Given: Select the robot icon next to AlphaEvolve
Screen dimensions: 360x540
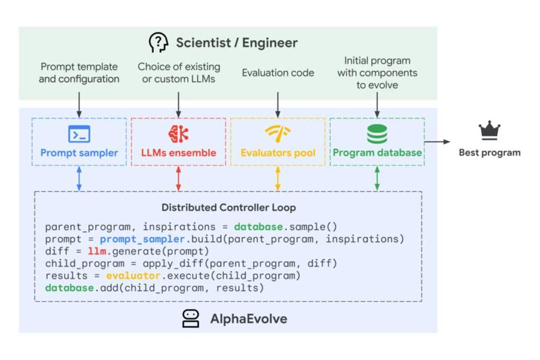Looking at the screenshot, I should pos(190,318).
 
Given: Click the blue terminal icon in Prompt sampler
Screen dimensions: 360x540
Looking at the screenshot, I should pos(79,134).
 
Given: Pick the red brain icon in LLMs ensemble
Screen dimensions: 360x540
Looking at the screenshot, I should pos(178,134).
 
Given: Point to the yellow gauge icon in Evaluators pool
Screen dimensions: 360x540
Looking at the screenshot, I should pos(277,134).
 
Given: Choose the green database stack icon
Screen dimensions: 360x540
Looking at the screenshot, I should pos(377,134).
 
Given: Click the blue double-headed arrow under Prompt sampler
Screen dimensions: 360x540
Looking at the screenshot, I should pos(79,179).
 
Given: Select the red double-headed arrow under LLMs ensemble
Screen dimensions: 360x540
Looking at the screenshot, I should pos(178,179).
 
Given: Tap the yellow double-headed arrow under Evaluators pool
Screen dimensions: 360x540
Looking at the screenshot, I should pos(277,179).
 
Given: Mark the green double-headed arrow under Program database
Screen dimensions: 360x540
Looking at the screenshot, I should pos(377,179).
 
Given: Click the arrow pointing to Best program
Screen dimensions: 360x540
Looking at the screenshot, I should pos(438,141).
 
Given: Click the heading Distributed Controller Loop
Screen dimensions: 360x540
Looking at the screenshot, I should pos(228,207).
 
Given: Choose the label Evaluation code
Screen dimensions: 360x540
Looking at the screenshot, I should pos(278,73).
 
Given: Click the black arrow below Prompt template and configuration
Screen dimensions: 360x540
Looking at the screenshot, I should pos(79,103).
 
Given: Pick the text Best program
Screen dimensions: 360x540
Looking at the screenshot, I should pos(489,153).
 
